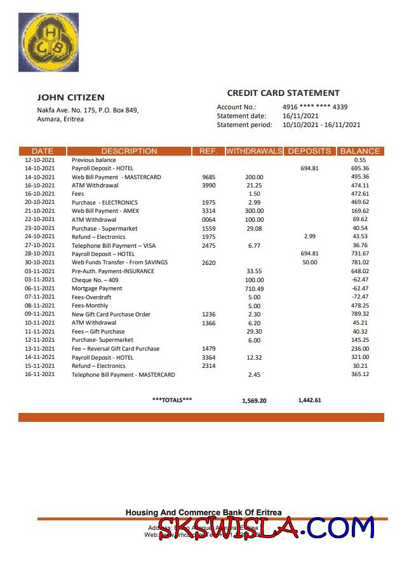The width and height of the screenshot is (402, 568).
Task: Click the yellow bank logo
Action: point(49,42)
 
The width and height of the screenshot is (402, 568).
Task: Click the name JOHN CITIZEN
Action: point(70,97)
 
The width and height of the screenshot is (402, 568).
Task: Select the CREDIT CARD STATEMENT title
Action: point(283,93)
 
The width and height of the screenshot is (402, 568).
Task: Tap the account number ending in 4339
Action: point(314,107)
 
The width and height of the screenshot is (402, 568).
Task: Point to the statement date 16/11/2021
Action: point(300,116)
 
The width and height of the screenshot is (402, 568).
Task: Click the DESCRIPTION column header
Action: point(129,151)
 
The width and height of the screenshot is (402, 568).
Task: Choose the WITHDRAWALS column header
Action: point(254,151)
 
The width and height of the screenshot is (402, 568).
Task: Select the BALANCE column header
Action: point(360,151)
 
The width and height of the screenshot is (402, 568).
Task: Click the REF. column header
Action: point(208,151)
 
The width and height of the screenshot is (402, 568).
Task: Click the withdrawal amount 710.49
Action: point(254,288)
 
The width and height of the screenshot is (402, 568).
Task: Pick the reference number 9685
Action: point(208,177)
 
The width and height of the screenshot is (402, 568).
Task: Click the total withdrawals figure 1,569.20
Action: point(254,400)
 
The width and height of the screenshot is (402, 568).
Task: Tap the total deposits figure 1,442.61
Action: point(309,400)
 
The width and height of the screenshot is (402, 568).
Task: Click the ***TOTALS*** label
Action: point(172,400)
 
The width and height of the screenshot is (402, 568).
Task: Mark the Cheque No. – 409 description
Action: point(95,280)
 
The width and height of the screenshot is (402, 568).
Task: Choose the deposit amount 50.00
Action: point(309,262)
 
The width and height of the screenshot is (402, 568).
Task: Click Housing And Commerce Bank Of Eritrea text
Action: point(203,512)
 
